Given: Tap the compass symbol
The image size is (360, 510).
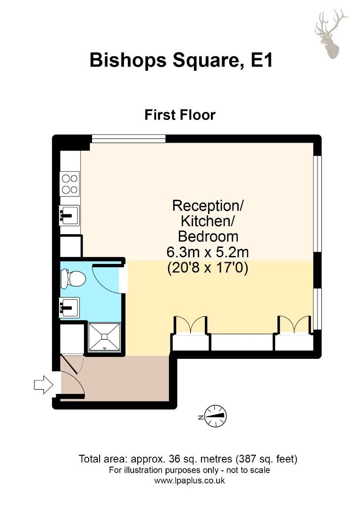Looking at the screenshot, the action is point(216,416).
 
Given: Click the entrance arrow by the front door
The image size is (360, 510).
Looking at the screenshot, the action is point(43,385).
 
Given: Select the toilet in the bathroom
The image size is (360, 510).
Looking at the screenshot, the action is point(74,279).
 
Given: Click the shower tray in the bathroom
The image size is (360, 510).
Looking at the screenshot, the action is point(104,337).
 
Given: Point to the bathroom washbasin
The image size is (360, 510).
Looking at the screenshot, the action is point(69,307).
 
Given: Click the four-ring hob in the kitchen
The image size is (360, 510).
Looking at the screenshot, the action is point(69,184).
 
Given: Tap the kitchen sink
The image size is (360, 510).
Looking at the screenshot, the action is point(69,215).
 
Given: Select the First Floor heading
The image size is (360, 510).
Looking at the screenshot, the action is point(180,115).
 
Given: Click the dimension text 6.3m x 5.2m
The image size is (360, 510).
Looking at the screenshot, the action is point(208,252).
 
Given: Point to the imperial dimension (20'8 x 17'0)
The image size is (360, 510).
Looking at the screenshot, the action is point(208,268).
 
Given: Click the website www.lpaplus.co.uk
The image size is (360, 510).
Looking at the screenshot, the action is point(189,480).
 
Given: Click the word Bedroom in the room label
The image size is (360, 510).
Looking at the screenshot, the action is point(208,237).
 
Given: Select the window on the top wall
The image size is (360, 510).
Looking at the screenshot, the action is point(129,138).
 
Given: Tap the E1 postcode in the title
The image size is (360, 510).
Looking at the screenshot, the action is point(261,60).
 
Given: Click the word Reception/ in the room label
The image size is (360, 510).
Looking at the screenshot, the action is point(208,205).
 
